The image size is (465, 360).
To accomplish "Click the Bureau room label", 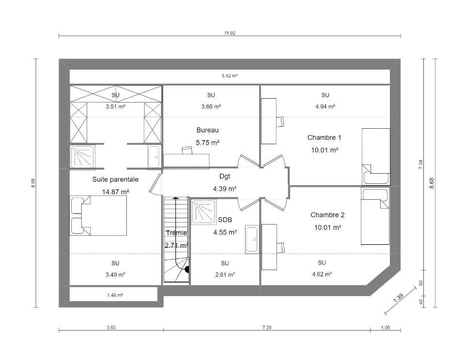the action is point(207,130).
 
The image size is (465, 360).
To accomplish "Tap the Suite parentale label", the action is point(115,179).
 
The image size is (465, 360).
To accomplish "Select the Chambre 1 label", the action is point(324,137).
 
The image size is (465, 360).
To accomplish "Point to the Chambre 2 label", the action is point(327,215).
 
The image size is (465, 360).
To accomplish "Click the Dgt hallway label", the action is point(224,176).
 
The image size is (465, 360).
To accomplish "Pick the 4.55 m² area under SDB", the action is point(225,232).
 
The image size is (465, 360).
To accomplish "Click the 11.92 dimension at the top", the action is point(230,33).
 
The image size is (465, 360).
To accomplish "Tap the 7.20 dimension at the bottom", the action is point(266,328).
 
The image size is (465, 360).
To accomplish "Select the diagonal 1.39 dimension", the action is point(399,298).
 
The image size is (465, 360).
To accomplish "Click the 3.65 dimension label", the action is point(111,328).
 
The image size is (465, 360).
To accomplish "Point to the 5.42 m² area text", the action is point(230,76).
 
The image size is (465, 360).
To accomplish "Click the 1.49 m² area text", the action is point(115,295).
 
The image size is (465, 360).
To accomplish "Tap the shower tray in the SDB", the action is point(204,211).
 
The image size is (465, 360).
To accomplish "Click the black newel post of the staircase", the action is point(187,270).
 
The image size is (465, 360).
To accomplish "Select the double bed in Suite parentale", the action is point(98,216).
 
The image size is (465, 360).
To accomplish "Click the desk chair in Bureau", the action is point(187,150).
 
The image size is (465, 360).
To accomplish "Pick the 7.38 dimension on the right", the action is point(421,165).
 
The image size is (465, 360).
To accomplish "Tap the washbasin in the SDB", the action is point(252,240).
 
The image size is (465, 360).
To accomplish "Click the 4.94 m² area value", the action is point(325,106).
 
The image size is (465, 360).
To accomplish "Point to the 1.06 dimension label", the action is point(385,328).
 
